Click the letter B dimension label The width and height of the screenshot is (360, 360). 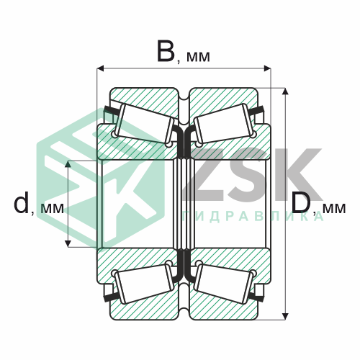click(x=166, y=50)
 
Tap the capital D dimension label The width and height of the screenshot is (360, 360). click(x=302, y=203)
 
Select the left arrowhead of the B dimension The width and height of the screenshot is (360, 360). click(x=100, y=68)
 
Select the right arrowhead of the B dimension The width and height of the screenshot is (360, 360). click(x=267, y=68)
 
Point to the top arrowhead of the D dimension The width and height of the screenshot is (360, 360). click(x=285, y=91)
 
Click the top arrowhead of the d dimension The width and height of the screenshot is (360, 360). click(x=68, y=164)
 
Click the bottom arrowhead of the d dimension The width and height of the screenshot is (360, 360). click(x=68, y=243)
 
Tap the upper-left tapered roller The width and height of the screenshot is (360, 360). click(x=144, y=124)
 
